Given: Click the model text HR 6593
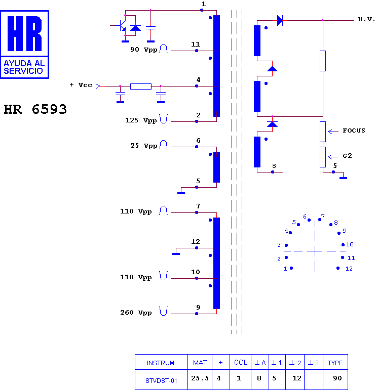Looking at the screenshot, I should (x=35, y=109).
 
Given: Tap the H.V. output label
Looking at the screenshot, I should (x=366, y=20).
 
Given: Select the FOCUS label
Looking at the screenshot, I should (x=354, y=131).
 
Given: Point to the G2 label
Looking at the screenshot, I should (x=347, y=156).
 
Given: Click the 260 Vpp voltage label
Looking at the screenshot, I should (x=136, y=313).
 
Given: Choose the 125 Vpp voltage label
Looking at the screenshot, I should (x=141, y=120).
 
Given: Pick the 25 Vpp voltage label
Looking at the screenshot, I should (x=144, y=146).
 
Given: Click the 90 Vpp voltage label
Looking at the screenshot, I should (x=144, y=50).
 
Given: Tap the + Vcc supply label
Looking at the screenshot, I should (x=81, y=85).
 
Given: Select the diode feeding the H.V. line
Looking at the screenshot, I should (x=280, y=20).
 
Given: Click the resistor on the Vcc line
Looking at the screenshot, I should (x=141, y=86).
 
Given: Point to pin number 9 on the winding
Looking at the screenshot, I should (x=198, y=307).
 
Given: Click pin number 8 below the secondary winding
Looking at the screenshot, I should (x=274, y=166).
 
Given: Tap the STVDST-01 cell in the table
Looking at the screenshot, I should (x=162, y=380).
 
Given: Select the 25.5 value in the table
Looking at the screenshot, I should (x=200, y=378).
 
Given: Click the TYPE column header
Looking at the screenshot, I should (x=335, y=363).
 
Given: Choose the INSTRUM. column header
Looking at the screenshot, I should (x=161, y=363).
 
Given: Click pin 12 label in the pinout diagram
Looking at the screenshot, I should (x=349, y=269).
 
